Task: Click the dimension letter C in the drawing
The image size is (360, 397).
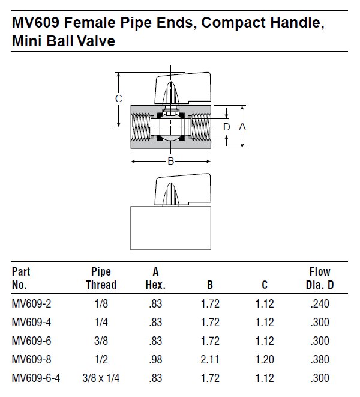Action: click(119, 99)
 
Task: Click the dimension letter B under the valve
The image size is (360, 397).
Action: click(171, 161)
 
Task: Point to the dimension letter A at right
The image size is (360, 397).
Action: click(242, 127)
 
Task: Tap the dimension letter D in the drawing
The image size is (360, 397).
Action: click(226, 127)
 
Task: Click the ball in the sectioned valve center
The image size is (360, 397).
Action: click(171, 127)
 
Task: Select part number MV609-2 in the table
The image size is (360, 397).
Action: click(32, 304)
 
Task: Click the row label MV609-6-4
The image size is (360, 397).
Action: click(37, 378)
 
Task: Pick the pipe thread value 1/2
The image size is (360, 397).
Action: click(100, 360)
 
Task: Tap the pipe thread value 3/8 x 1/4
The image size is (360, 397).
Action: click(100, 378)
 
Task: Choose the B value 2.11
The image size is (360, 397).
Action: click(209, 360)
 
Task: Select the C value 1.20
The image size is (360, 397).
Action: click(265, 360)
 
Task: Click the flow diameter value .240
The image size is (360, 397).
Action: click(320, 304)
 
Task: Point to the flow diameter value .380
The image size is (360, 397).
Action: click(320, 360)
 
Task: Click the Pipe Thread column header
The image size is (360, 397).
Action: click(100, 279)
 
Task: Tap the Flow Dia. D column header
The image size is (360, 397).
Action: click(319, 279)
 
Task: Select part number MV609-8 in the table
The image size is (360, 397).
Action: click(32, 360)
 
